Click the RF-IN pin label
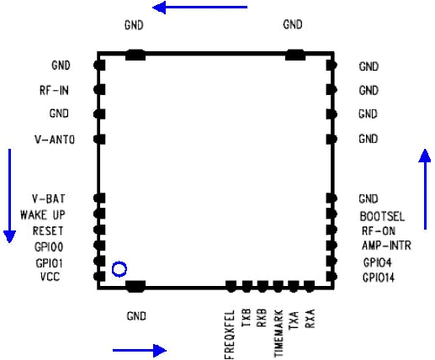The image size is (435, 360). coord(54,91)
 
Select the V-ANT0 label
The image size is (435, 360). coord(55,140)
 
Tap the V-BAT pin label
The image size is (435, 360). coord(49,199)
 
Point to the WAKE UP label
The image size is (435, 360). coord(43,215)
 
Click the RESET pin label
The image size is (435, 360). coord(48,230)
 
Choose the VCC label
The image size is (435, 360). coord(50,277)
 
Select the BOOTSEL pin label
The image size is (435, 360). coord(382,216)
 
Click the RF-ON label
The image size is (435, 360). coord(379,231)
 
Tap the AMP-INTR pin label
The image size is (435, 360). coord(386,246)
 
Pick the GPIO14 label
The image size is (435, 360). coord(379,278)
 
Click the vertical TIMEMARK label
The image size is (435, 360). coord(279,333)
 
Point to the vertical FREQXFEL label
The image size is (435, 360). coord(230,335)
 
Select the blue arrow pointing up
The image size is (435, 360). coord(425,189)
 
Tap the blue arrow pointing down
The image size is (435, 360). coord(9,196)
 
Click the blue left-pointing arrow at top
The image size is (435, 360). coord(199,8)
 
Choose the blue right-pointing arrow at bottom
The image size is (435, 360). coord(140,350)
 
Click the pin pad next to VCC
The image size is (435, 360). coord(99,277)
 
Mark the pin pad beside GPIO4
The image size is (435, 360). coord(332,261)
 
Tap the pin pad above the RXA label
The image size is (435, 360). coord(310,287)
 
